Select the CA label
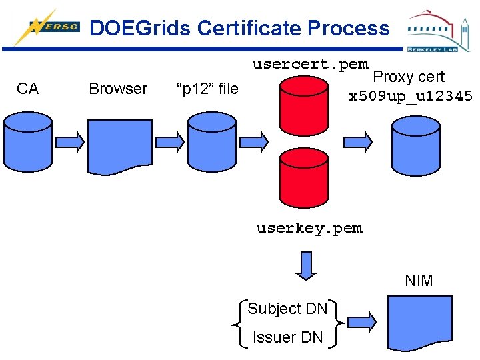(x=27, y=89)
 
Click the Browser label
(x=118, y=89)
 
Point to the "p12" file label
(x=207, y=89)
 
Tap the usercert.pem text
(x=310, y=65)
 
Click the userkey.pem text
(x=309, y=228)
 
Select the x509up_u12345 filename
(x=411, y=96)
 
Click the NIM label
(x=419, y=281)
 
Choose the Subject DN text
(x=287, y=309)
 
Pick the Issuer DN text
(x=287, y=337)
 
